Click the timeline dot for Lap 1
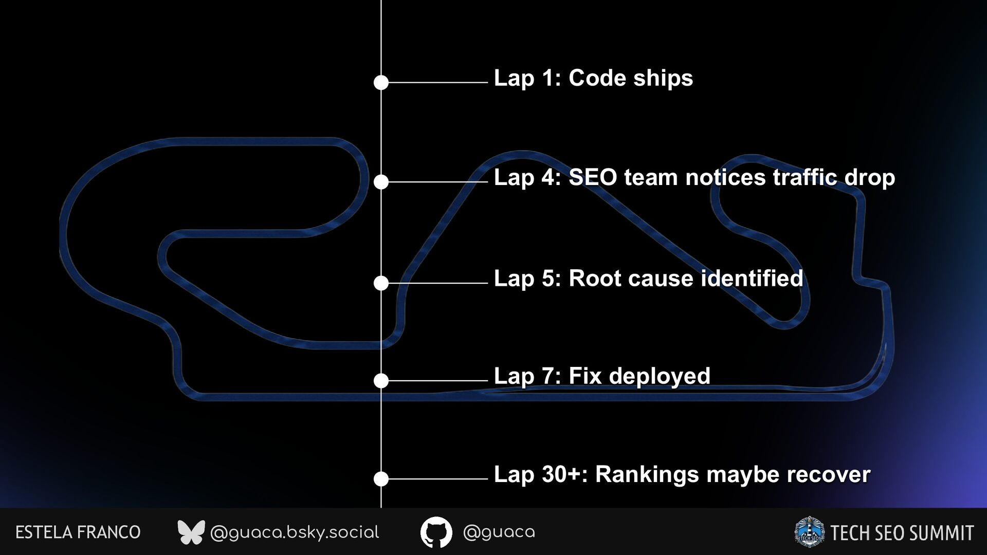point(381,82)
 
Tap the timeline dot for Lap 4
point(381,182)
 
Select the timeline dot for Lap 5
point(381,283)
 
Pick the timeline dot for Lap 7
point(381,381)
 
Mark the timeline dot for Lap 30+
point(381,479)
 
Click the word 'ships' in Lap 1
point(663,79)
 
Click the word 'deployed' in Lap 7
point(660,377)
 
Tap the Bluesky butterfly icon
point(191,532)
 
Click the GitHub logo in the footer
point(436,532)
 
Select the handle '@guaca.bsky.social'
point(295,532)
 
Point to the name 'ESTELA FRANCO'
point(78,532)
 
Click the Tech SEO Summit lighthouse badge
point(809,532)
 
